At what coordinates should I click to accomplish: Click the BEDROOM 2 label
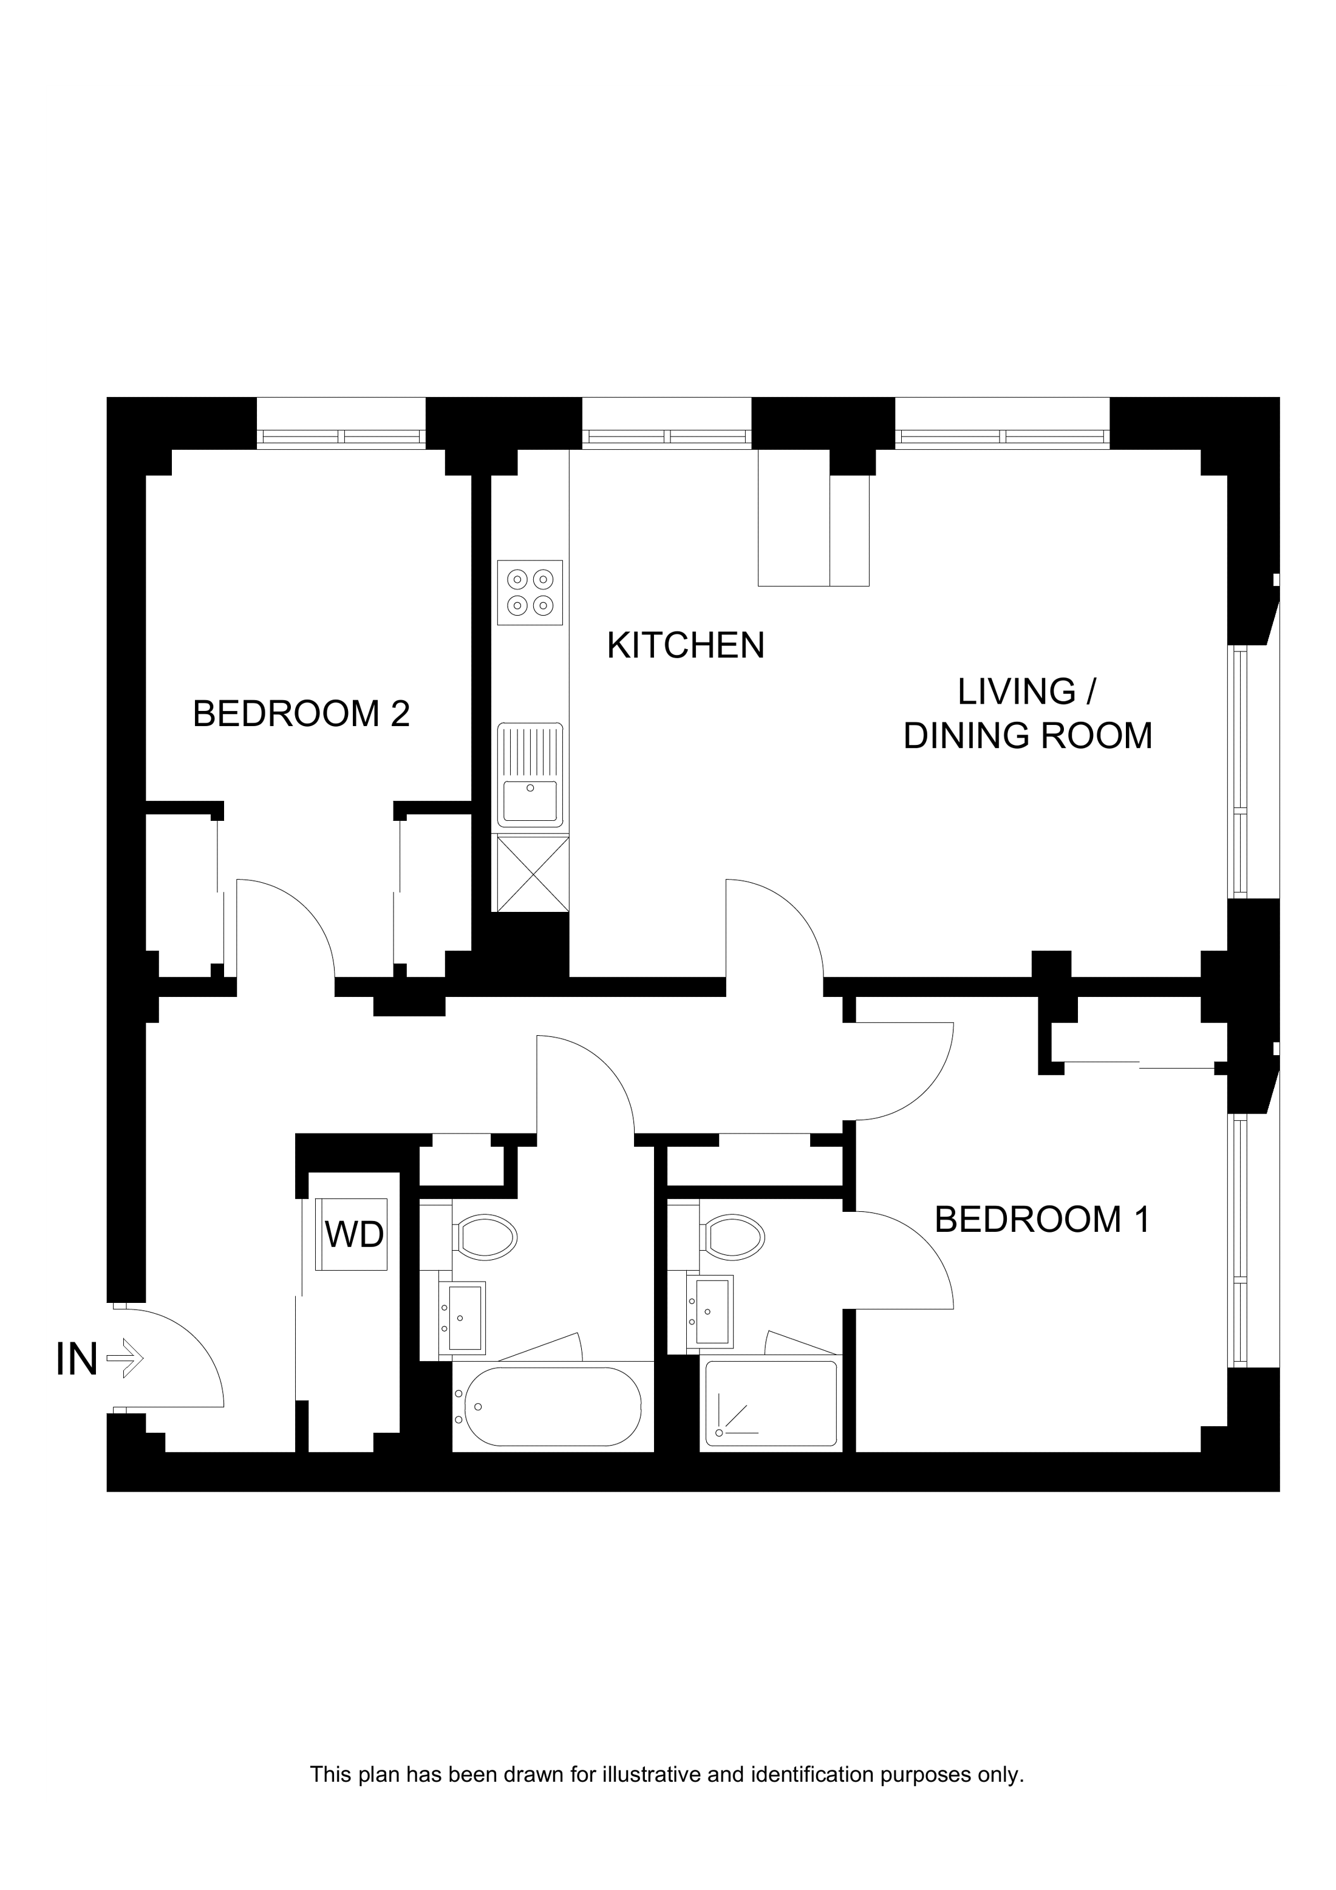tap(301, 714)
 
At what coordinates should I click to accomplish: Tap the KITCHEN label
tap(685, 645)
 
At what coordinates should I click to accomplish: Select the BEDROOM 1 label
tap(1041, 1219)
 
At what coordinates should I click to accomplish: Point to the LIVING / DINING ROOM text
tap(1028, 714)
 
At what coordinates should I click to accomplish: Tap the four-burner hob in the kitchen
tap(530, 592)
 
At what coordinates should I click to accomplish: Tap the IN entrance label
tap(77, 1359)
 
